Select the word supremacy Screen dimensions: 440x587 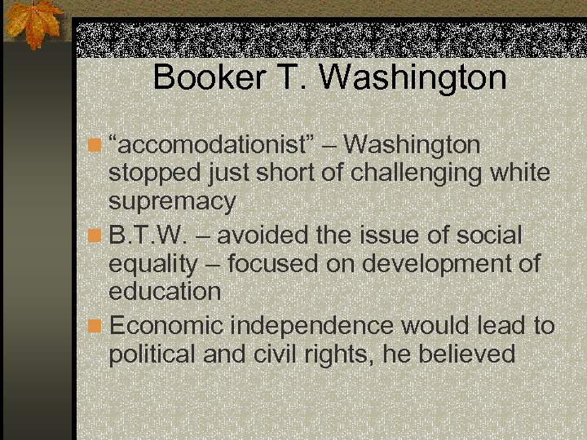tap(172, 200)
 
